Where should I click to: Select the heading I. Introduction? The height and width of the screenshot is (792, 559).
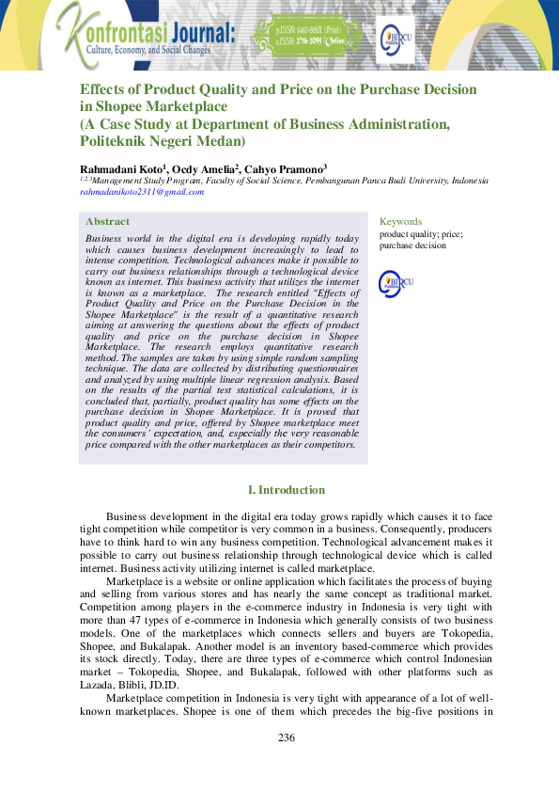pos(286,490)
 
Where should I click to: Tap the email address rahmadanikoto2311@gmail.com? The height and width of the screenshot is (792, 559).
pos(142,191)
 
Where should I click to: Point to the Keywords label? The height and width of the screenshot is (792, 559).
pos(400,222)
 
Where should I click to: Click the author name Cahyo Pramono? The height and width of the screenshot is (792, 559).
pos(285,167)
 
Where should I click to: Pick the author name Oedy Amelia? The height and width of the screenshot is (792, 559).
pos(205,167)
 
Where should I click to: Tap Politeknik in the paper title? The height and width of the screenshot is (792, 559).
pos(117,141)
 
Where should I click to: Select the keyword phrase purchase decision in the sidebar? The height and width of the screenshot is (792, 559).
pos(412,245)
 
